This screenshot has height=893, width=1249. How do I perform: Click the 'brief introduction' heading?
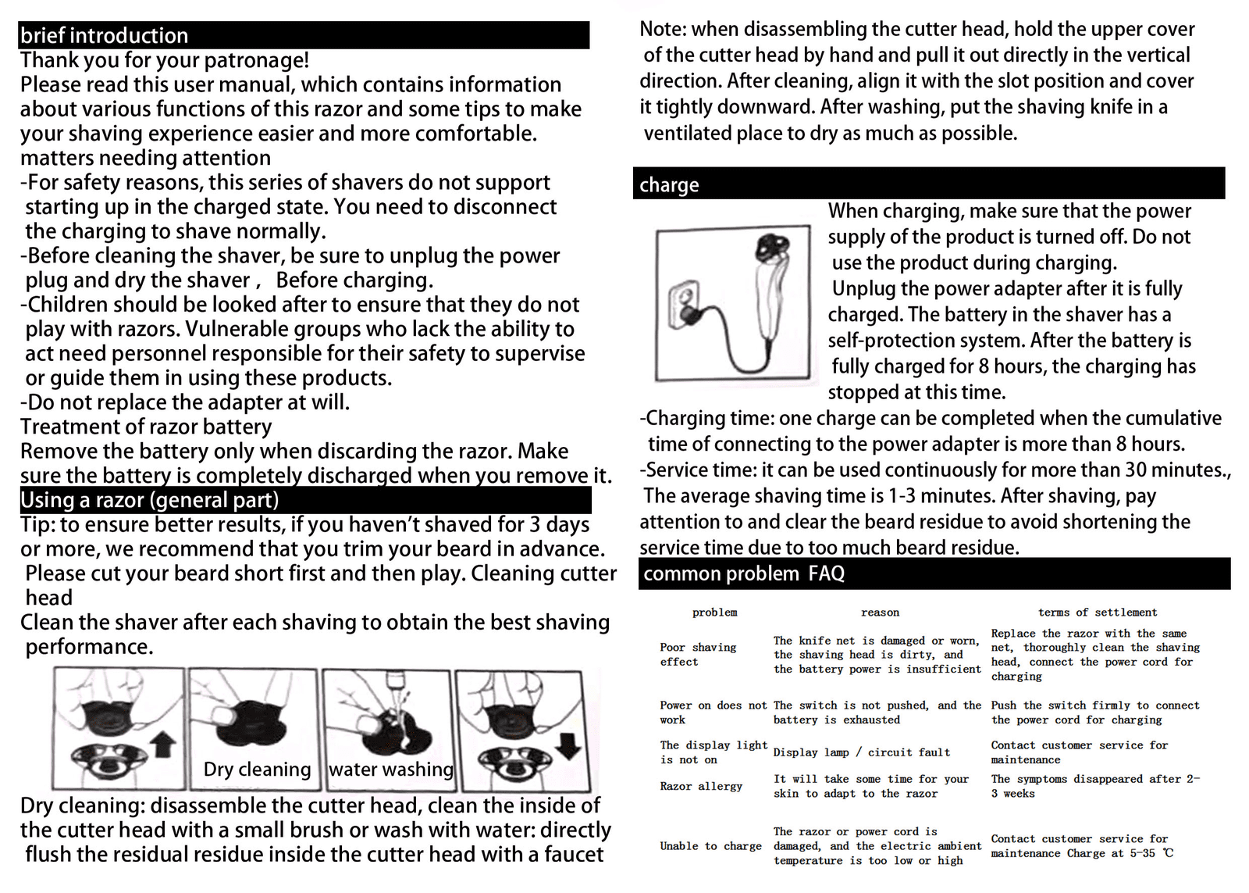[104, 36]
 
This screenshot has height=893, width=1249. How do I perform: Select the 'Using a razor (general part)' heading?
[149, 500]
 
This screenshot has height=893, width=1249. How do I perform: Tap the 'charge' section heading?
[669, 185]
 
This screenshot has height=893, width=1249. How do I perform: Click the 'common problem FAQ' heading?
[743, 574]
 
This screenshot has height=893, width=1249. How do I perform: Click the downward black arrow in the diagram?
[571, 745]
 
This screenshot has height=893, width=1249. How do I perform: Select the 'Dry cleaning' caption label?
[257, 770]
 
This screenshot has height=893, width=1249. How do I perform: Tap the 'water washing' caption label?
[390, 770]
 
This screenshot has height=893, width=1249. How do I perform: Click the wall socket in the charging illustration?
[683, 306]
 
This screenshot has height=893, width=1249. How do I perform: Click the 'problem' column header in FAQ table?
[714, 613]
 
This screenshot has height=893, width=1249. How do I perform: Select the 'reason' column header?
[880, 613]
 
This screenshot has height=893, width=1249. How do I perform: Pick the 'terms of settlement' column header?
[1097, 613]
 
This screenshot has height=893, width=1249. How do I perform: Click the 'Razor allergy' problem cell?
[700, 786]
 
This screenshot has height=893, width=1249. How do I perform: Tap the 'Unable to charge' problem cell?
[710, 846]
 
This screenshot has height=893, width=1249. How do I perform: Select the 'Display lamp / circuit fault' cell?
[861, 752]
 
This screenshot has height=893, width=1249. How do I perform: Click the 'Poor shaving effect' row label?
[697, 655]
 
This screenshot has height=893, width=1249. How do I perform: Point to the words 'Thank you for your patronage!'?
[164, 60]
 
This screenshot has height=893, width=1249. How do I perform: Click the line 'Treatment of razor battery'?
[146, 427]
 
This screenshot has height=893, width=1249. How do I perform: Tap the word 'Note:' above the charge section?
[663, 30]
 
